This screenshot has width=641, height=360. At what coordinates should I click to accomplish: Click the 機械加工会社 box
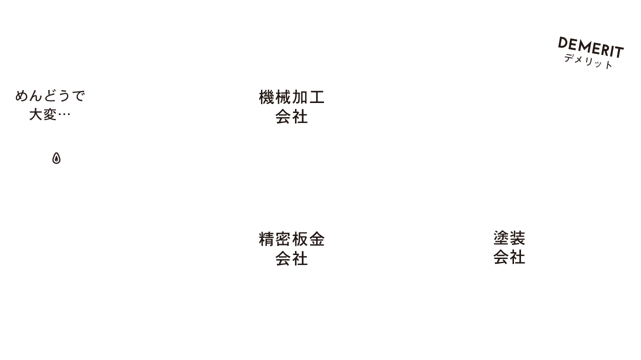[292, 105]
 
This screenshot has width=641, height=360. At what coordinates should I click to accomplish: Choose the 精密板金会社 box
[292, 247]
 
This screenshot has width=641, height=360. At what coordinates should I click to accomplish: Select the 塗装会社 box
[509, 246]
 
